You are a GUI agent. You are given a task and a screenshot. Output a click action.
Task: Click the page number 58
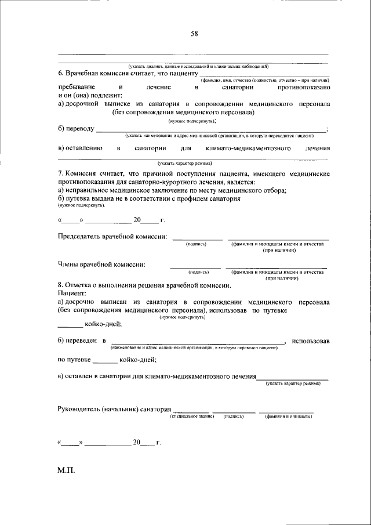pos(195,33)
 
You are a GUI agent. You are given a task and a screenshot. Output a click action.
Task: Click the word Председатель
pos(80,237)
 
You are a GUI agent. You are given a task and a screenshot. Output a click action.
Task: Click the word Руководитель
pos(78,409)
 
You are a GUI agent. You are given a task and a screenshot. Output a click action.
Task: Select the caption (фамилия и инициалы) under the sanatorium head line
pos(286,417)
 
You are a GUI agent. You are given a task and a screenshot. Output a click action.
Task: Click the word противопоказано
pos(304,86)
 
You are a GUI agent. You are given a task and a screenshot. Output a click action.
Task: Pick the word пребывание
pos(77,86)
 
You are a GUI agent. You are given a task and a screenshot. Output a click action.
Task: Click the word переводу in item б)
pos(80,129)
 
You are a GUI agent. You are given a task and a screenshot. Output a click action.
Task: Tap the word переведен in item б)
pos(82,341)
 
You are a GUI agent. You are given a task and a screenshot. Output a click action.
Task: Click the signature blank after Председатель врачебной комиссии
pos(197,237)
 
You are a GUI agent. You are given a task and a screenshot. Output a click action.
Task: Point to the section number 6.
pos(60,73)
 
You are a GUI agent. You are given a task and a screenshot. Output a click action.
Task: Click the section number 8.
pos(60,285)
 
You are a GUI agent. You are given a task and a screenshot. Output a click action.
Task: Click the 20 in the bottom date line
pos(137,443)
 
